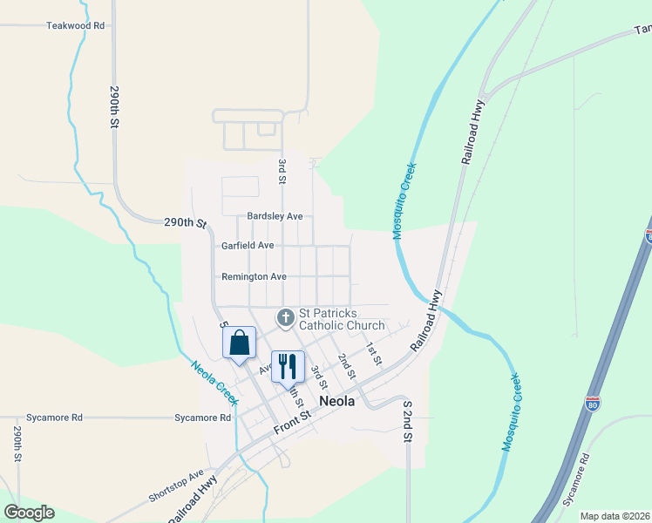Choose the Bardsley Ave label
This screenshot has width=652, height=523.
(275, 216)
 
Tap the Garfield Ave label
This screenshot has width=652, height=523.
(248, 246)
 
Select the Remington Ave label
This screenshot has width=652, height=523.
(254, 277)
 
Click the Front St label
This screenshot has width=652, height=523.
(292, 424)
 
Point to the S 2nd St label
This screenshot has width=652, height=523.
(406, 423)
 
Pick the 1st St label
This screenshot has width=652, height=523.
(374, 353)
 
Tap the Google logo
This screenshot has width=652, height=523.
(28, 512)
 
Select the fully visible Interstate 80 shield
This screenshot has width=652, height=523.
(592, 404)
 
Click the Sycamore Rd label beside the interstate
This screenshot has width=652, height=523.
(576, 480)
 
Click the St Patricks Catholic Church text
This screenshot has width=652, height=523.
(341, 320)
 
